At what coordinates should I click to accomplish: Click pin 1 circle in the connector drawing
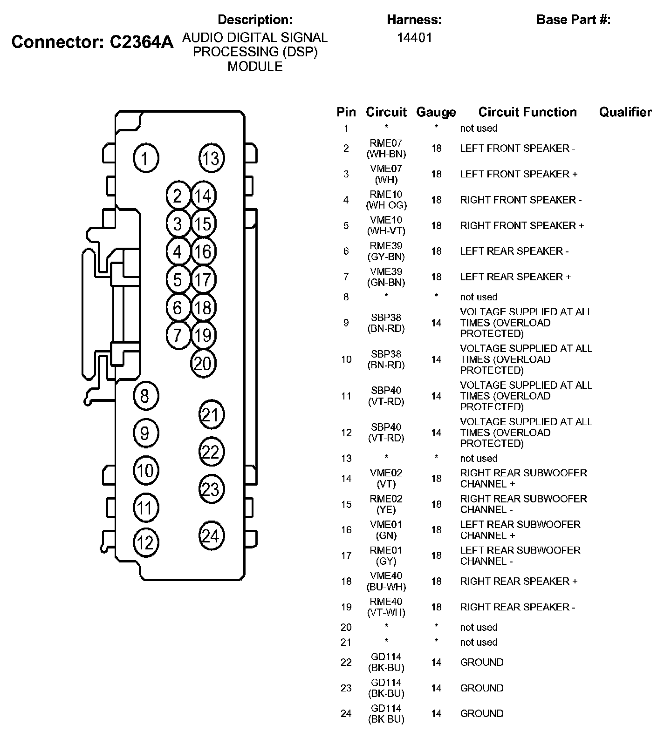click(146, 159)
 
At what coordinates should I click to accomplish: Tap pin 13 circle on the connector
click(211, 158)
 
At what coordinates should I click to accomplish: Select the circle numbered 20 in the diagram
click(203, 363)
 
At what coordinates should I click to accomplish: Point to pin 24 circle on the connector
click(211, 536)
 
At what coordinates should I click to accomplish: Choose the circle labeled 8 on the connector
click(145, 396)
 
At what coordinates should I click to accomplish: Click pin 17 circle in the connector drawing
click(203, 280)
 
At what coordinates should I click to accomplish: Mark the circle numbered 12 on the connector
click(145, 543)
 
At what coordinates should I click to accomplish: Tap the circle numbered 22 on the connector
click(211, 452)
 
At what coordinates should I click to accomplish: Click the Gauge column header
click(436, 112)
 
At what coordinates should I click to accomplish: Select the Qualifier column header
click(625, 112)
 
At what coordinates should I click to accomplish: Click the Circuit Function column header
click(527, 112)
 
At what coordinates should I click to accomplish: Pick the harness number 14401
click(414, 38)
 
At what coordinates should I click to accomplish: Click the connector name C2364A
click(141, 42)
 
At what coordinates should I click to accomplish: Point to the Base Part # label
click(573, 20)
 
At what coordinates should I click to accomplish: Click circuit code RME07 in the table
click(386, 143)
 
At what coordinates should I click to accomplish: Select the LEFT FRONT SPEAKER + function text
click(518, 174)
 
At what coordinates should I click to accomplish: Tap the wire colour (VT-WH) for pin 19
click(386, 613)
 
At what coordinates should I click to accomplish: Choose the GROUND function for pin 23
click(481, 688)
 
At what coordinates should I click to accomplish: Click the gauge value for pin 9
click(436, 323)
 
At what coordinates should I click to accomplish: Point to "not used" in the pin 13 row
click(479, 458)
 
